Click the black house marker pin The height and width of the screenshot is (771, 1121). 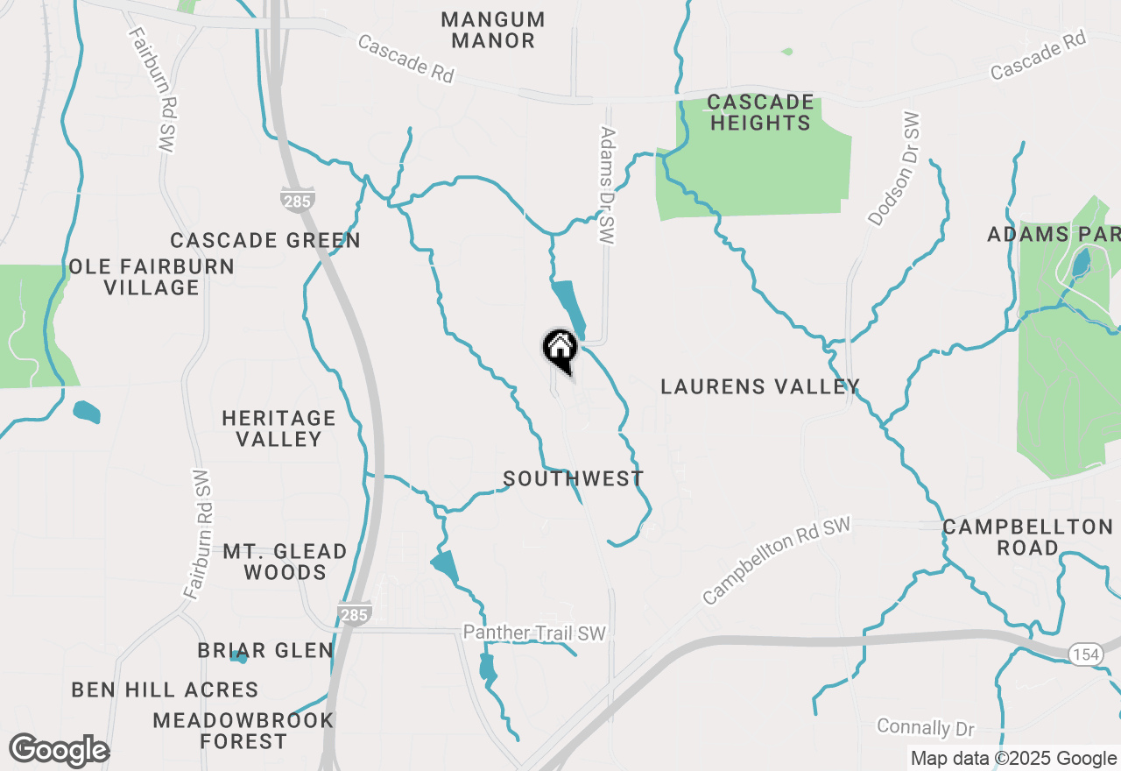560,350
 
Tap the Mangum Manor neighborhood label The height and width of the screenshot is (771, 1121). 493,30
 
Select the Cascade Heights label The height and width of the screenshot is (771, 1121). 760,112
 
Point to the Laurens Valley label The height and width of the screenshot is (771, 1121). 759,386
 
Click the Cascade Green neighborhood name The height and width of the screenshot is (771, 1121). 265,240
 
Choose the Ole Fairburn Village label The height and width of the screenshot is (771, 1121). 152,277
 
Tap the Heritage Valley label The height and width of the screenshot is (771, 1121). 278,428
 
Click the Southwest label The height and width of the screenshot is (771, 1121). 574,478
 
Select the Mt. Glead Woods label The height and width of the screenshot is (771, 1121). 285,562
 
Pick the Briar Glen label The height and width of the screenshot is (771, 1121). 265,650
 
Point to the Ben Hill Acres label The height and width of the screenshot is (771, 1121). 165,690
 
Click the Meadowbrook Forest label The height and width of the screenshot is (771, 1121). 243,731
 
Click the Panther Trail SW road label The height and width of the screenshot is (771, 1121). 534,633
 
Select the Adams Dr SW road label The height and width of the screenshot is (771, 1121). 608,185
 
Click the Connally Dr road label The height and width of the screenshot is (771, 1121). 926,727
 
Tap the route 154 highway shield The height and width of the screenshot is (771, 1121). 1085,653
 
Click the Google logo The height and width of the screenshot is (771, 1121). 59,750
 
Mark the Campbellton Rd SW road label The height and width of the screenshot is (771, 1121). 776,561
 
